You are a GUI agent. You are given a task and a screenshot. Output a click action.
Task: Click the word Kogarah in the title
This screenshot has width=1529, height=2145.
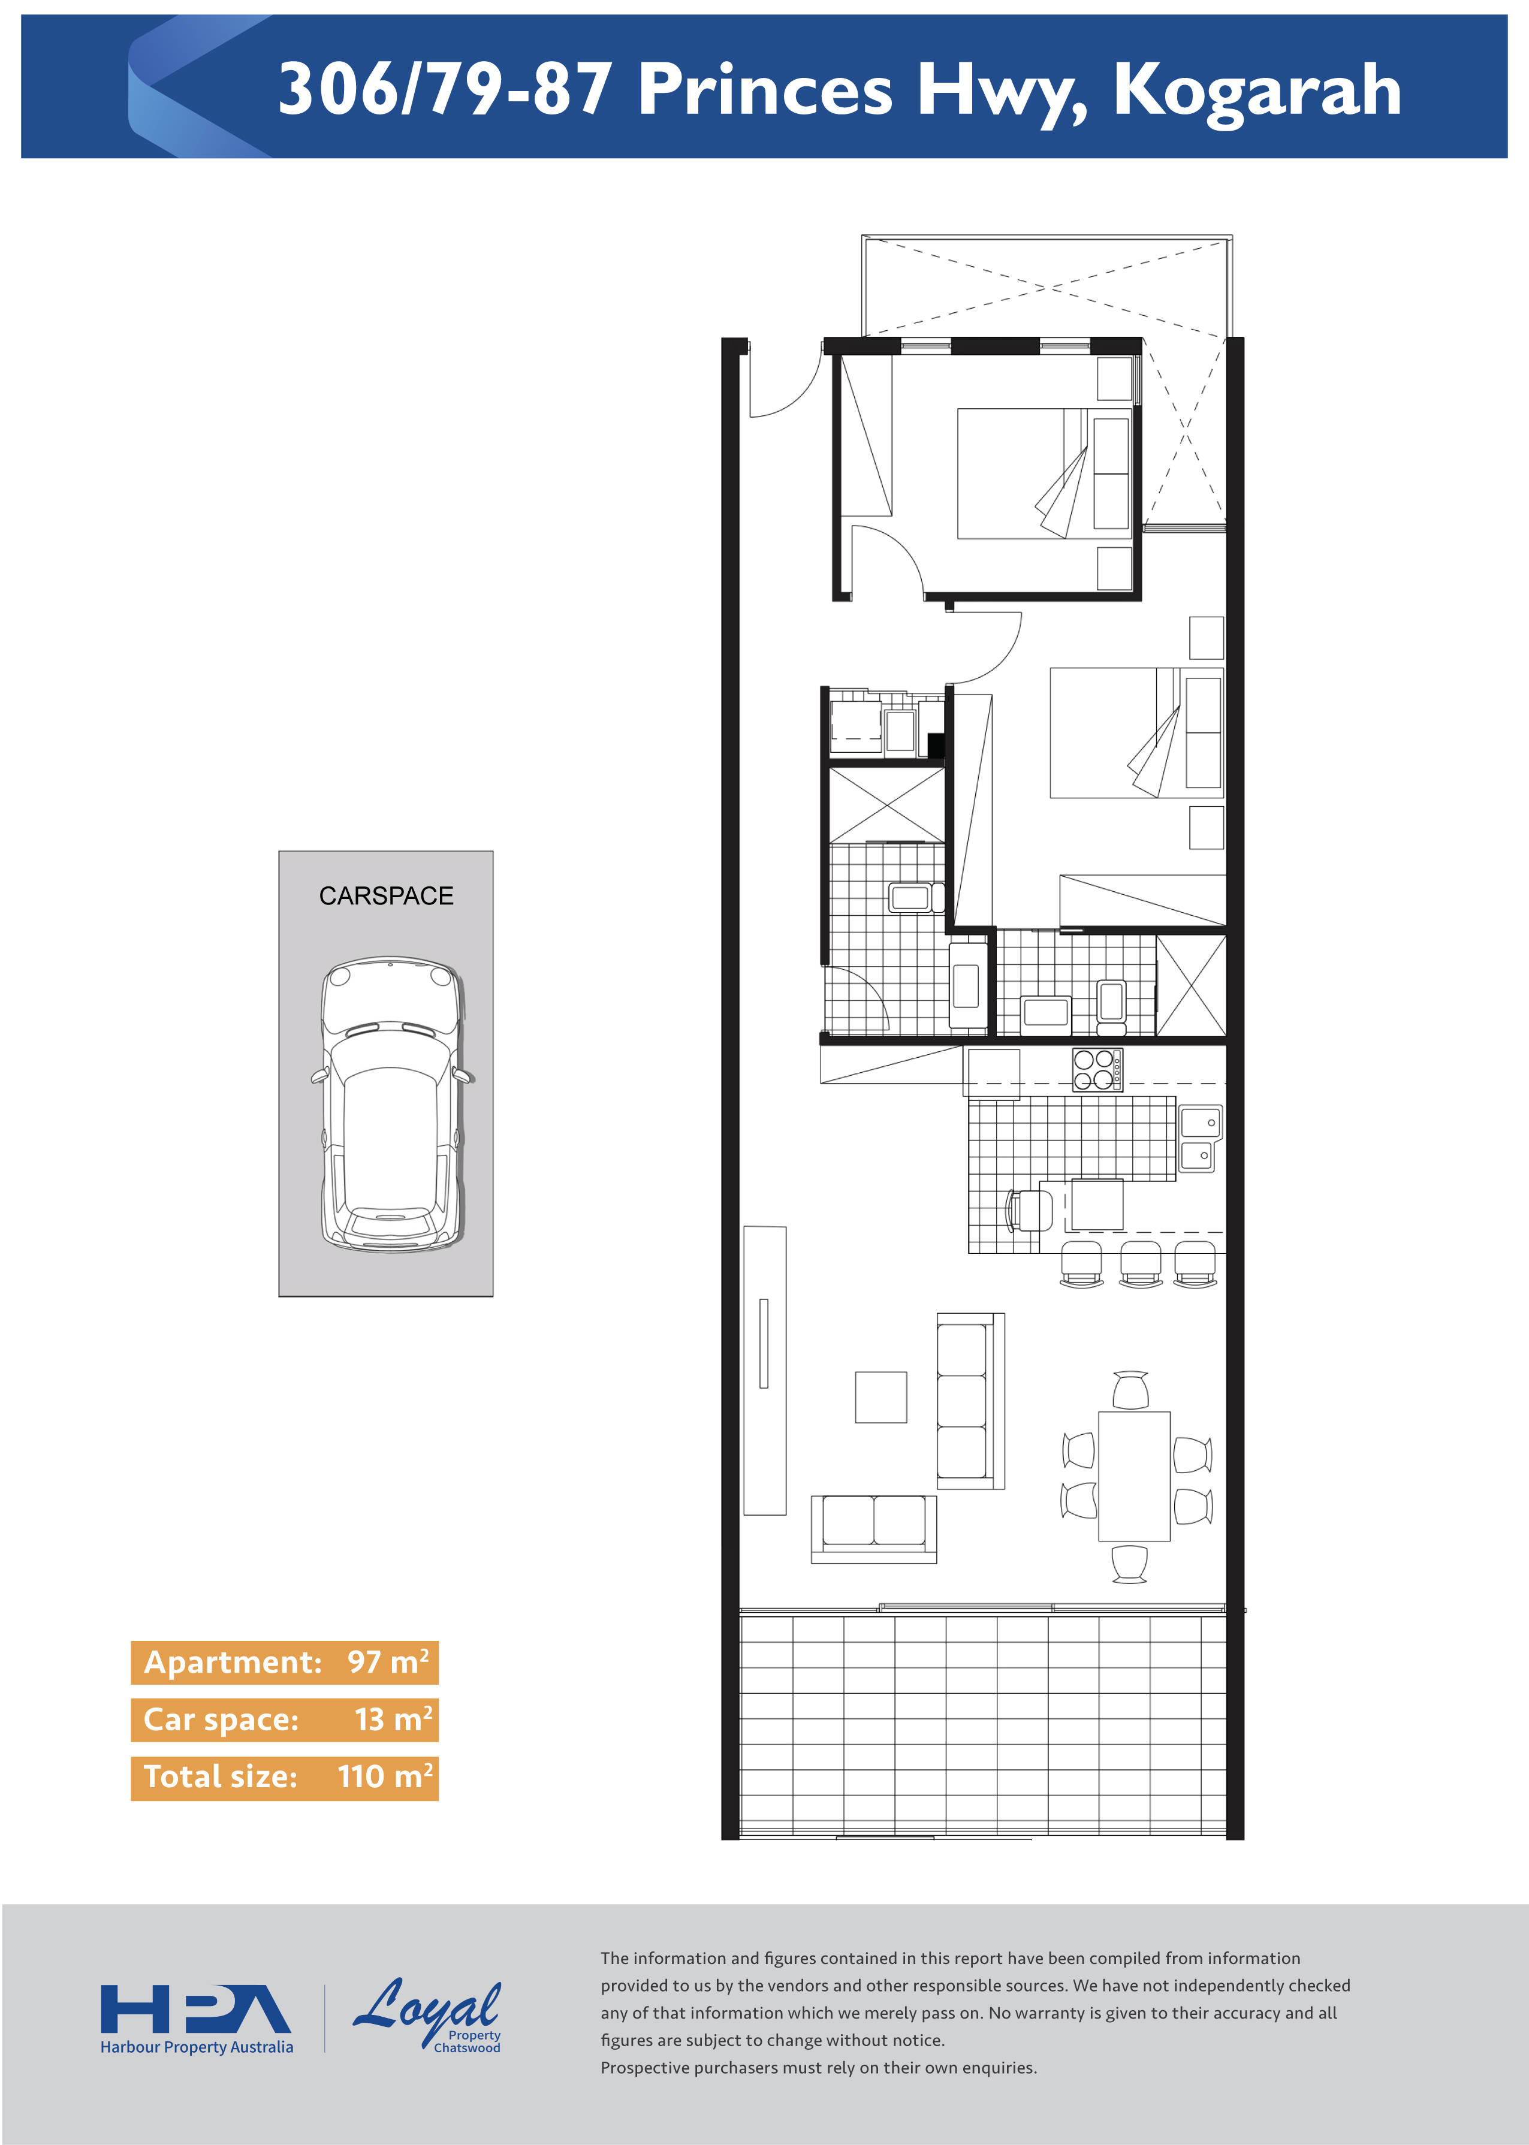(x=1257, y=91)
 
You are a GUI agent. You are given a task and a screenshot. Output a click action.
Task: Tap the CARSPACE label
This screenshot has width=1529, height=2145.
(x=386, y=896)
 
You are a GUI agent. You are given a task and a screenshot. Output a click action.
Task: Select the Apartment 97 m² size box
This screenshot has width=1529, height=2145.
(x=284, y=1662)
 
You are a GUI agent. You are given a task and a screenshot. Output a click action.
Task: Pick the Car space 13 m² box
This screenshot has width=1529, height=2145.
(x=284, y=1719)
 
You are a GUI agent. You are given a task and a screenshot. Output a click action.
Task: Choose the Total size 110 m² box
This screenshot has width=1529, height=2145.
(x=284, y=1777)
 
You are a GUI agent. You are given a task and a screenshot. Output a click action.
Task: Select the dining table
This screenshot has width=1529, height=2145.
(x=1135, y=1476)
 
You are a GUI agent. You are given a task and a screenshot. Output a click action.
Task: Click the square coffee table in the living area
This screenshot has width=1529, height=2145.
(x=880, y=1397)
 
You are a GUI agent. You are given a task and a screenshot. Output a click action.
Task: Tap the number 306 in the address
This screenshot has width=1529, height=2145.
(x=339, y=91)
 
